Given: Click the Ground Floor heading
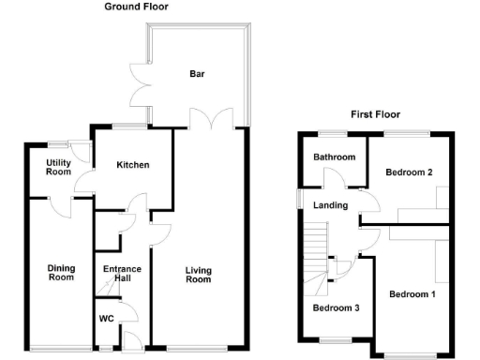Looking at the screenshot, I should pyautogui.click(x=138, y=7).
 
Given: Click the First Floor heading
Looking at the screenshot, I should pyautogui.click(x=375, y=114).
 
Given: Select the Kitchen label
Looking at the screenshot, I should pyautogui.click(x=132, y=165).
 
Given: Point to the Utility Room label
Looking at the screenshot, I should pyautogui.click(x=59, y=167).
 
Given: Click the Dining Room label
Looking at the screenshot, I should pyautogui.click(x=61, y=272).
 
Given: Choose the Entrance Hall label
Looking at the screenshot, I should pyautogui.click(x=121, y=274).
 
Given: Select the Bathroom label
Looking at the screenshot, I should pyautogui.click(x=333, y=157).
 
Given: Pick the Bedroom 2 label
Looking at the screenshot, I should pyautogui.click(x=410, y=172).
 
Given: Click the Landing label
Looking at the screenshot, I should pyautogui.click(x=331, y=205).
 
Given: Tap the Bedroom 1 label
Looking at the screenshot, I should pyautogui.click(x=412, y=294).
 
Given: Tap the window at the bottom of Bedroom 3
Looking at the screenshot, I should pyautogui.click(x=334, y=339).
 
